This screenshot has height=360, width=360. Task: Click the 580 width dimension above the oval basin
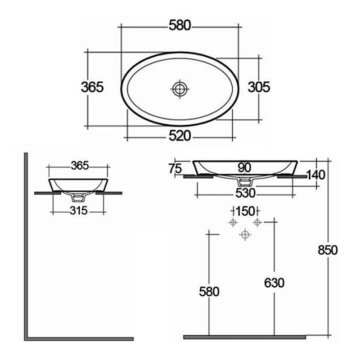(x=180, y=25)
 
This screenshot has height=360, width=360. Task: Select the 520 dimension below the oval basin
(x=180, y=136)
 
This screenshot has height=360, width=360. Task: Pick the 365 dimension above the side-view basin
(x=79, y=165)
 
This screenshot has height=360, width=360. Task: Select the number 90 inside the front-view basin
(x=244, y=167)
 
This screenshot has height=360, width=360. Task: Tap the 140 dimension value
(x=316, y=174)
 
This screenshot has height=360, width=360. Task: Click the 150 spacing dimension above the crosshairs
(x=245, y=211)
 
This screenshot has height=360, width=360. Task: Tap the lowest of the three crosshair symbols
(x=245, y=234)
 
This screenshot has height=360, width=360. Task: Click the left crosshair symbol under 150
(x=233, y=222)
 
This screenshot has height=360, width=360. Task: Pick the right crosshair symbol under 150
(x=257, y=222)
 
